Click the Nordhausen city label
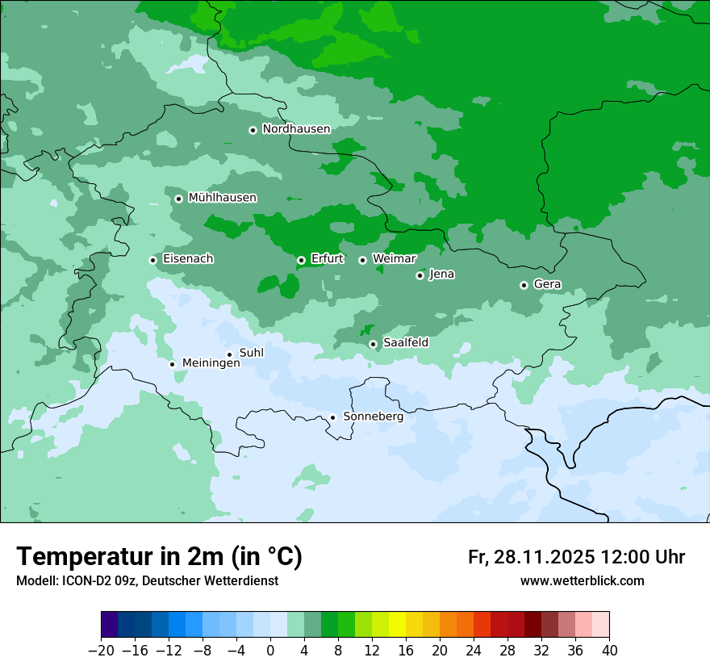coord(296,129)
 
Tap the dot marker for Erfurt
coord(301,260)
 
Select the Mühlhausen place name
coord(222,198)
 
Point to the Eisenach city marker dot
coord(152,260)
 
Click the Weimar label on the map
coord(394,259)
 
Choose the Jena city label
coord(441,274)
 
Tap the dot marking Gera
coord(524,285)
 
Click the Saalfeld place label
coord(405,343)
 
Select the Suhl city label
coord(252,353)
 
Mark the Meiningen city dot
coord(172,364)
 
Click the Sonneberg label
coord(373,417)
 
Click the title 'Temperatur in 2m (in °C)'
coord(159,557)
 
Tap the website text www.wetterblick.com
coord(582,581)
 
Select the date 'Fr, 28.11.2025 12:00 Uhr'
coord(576,557)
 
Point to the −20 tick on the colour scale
coord(101,651)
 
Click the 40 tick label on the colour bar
coord(609,651)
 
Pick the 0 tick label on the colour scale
coord(270,651)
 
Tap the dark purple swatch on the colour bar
coord(109,625)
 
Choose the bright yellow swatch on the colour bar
coord(397,625)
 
